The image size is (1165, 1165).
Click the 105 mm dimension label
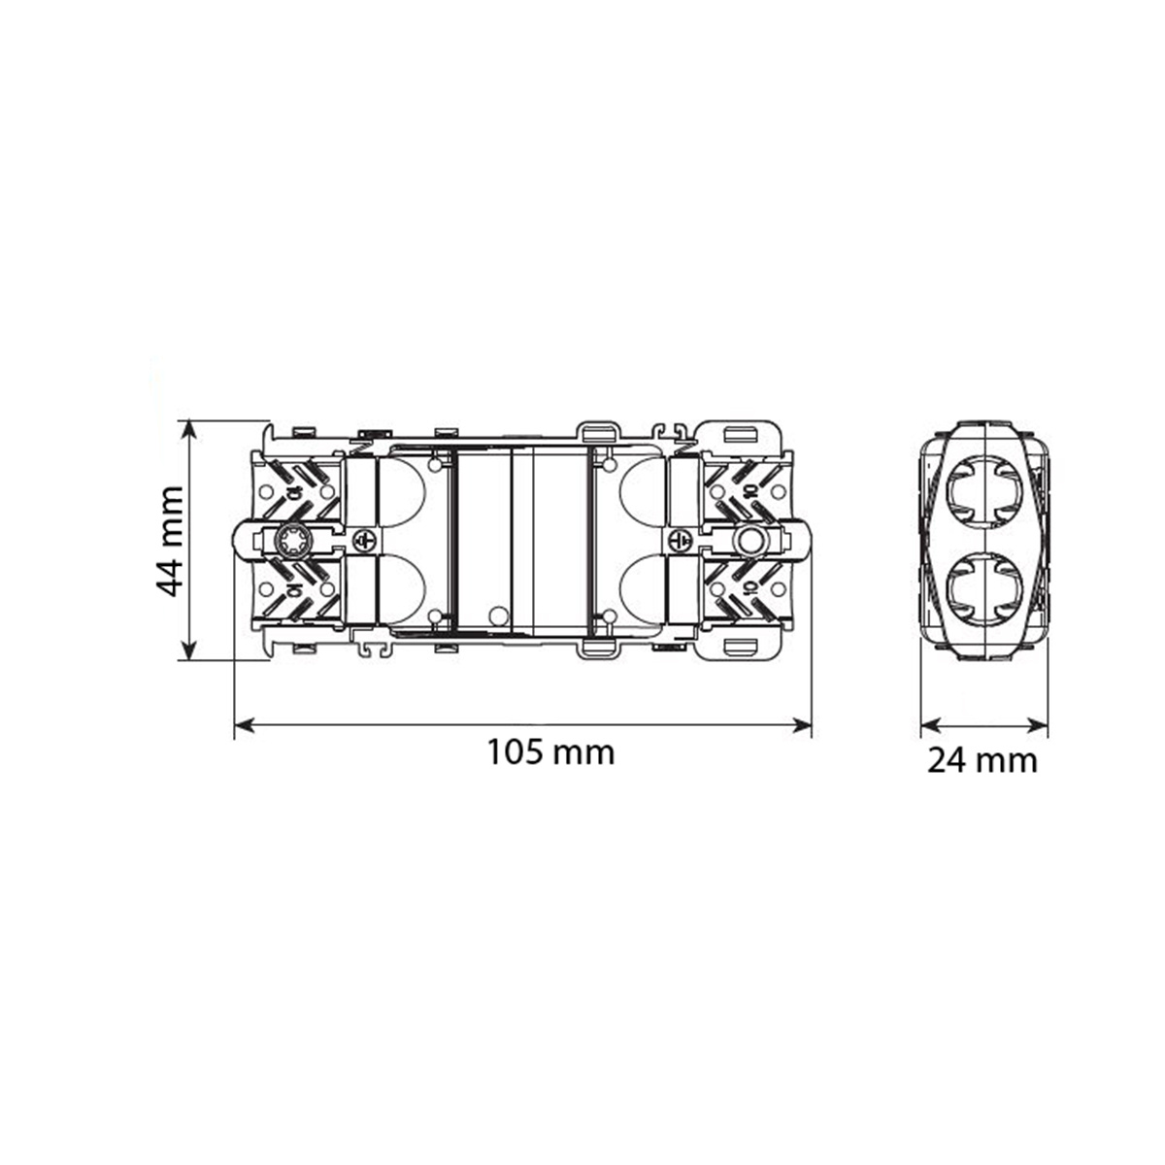tap(550, 753)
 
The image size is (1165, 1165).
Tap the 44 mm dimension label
tap(170, 541)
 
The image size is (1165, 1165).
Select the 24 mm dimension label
tap(982, 760)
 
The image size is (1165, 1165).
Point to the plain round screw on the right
tap(749, 539)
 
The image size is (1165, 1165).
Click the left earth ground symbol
tap(364, 539)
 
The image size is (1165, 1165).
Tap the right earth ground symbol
tap(682, 539)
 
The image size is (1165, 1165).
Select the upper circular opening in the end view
tap(984, 490)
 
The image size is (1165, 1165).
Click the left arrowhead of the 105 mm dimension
tap(243, 725)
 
